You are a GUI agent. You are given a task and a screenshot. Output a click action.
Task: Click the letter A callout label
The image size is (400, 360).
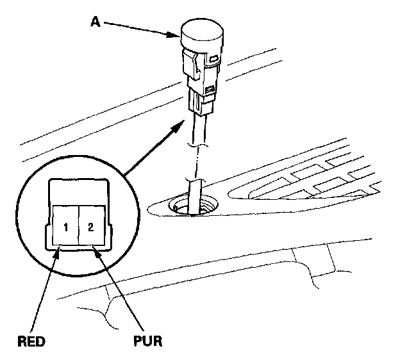[94, 21]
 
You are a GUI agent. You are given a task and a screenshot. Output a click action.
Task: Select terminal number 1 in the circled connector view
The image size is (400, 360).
[67, 227]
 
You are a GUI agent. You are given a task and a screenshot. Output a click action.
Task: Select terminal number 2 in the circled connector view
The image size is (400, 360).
[91, 227]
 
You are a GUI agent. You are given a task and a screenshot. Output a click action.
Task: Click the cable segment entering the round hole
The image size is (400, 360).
[195, 192]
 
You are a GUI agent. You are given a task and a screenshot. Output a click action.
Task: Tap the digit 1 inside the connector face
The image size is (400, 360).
[67, 227]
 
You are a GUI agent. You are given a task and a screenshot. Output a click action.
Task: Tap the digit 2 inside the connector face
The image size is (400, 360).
[91, 227]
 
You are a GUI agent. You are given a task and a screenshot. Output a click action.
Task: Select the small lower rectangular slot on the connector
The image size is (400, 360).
[209, 89]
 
